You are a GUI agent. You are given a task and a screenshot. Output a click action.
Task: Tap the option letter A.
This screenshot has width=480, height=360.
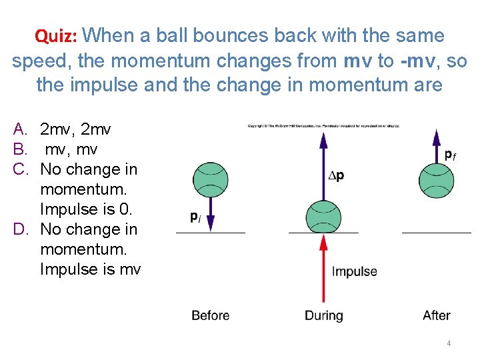[20, 129]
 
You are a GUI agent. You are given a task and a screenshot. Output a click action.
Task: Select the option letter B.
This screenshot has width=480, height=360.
[20, 149]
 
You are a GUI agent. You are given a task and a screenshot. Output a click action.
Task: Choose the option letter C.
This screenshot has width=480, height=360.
[20, 169]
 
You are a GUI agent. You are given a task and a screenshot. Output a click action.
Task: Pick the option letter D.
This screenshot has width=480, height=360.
[20, 229]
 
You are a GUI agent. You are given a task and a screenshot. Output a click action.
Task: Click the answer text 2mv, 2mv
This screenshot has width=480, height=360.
[75, 129]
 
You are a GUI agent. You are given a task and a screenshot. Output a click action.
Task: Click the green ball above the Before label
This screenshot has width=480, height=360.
[210, 179]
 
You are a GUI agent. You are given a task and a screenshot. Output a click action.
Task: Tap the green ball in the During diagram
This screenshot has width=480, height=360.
[323, 217]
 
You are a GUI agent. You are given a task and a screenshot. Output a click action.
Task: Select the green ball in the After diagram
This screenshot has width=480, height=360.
[437, 179]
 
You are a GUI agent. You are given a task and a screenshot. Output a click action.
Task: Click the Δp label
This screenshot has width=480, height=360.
[337, 176]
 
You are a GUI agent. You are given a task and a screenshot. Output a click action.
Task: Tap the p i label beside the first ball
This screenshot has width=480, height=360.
[195, 217]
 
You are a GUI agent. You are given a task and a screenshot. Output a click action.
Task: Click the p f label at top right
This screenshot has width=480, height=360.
[451, 155]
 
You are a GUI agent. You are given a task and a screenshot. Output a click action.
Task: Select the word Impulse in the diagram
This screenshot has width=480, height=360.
[355, 271]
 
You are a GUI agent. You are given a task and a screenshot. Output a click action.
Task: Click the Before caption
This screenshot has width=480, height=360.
[210, 315]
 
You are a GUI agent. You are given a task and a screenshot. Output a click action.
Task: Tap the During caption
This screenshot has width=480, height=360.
[324, 315]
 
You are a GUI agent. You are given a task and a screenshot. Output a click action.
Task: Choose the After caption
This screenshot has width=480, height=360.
[437, 315]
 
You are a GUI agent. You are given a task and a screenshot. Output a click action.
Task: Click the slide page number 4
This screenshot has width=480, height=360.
[449, 343]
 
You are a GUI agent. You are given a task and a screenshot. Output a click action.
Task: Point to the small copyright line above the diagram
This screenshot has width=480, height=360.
[323, 125]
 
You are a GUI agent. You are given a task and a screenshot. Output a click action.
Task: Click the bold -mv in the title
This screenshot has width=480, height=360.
[420, 61]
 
